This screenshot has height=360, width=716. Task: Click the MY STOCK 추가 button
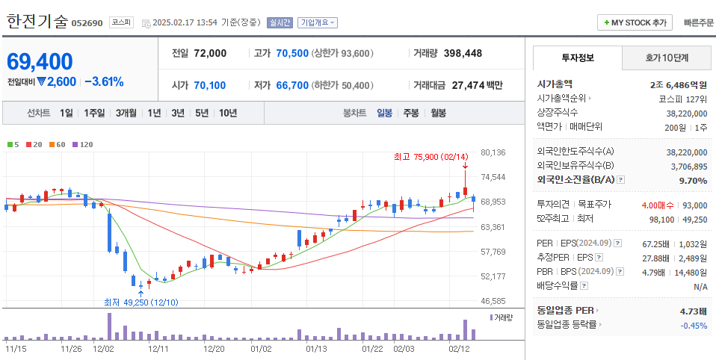tap(635, 23)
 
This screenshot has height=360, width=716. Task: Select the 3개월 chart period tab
tap(126, 113)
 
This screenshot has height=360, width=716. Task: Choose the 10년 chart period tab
tap(227, 113)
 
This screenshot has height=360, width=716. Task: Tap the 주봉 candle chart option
tap(410, 113)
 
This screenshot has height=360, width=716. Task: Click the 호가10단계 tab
tap(667, 58)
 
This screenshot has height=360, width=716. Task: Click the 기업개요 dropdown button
tap(317, 23)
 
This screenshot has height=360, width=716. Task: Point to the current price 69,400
tap(40, 62)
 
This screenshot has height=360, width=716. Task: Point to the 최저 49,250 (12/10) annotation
tap(141, 302)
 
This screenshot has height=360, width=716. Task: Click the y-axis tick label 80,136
tap(493, 152)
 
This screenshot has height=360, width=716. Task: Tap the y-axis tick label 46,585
tap(493, 301)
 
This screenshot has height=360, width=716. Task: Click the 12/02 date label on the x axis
tap(102, 348)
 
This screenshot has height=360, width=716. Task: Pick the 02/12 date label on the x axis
tap(458, 348)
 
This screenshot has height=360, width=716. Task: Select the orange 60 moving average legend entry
tap(57, 144)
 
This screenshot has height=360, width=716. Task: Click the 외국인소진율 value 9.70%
tap(693, 180)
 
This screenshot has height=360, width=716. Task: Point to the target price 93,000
tap(694, 205)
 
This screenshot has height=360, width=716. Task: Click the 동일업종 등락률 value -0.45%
tap(694, 325)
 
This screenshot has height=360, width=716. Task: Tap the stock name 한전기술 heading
tap(37, 22)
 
